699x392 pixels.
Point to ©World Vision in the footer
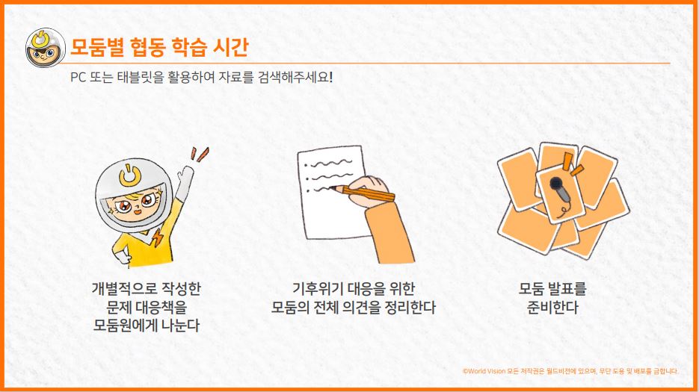(485, 370)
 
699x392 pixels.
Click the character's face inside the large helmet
(138, 205)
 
